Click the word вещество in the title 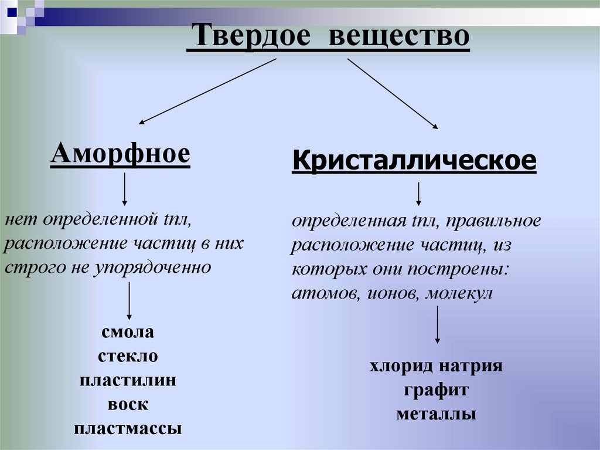pos(399,37)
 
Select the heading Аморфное pos(120,154)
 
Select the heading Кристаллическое pos(414,160)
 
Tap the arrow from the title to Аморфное pos(207,91)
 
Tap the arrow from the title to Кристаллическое pos(393,93)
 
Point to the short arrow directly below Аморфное pos(124,190)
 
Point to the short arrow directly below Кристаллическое pos(419,194)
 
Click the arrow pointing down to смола pos(129,301)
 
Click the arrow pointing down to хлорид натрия pos(437,326)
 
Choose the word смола pos(128,333)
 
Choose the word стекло pos(128,357)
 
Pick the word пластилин pos(128,380)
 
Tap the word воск pos(128,404)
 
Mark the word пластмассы pos(128,428)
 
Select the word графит pos(436,390)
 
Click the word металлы pos(436,414)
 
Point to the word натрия pos(473,367)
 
